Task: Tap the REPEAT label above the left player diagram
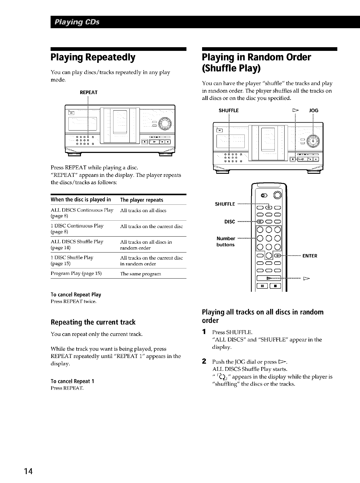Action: click(88, 92)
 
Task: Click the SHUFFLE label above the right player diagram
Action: click(228, 111)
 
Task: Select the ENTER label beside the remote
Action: click(310, 256)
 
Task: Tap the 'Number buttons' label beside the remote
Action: click(226, 241)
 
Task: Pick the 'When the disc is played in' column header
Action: click(81, 200)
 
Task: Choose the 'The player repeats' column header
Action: click(142, 200)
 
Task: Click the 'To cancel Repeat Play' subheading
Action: click(76, 295)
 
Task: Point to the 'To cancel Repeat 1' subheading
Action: click(72, 381)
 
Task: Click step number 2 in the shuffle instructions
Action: click(204, 360)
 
